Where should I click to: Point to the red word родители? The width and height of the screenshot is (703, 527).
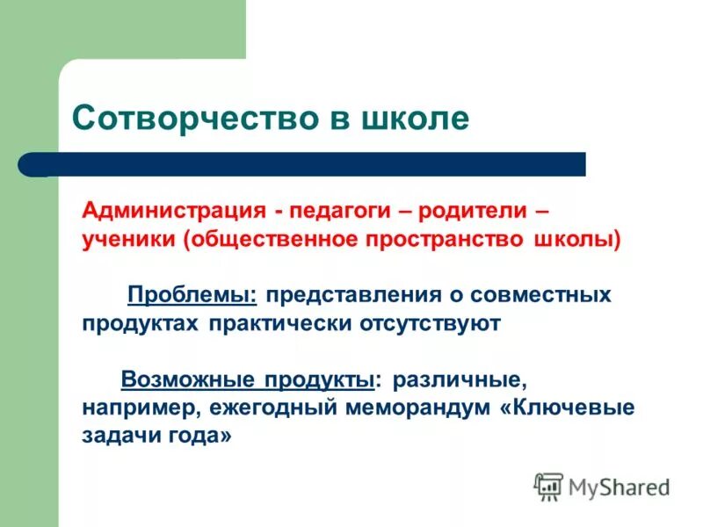(472, 212)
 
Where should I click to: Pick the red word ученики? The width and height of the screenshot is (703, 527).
(129, 240)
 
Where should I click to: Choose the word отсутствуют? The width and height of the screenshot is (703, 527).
(430, 322)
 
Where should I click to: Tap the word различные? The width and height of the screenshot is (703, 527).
(460, 379)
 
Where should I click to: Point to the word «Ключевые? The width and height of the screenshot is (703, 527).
(571, 408)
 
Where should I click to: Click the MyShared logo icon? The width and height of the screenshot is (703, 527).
(548, 487)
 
